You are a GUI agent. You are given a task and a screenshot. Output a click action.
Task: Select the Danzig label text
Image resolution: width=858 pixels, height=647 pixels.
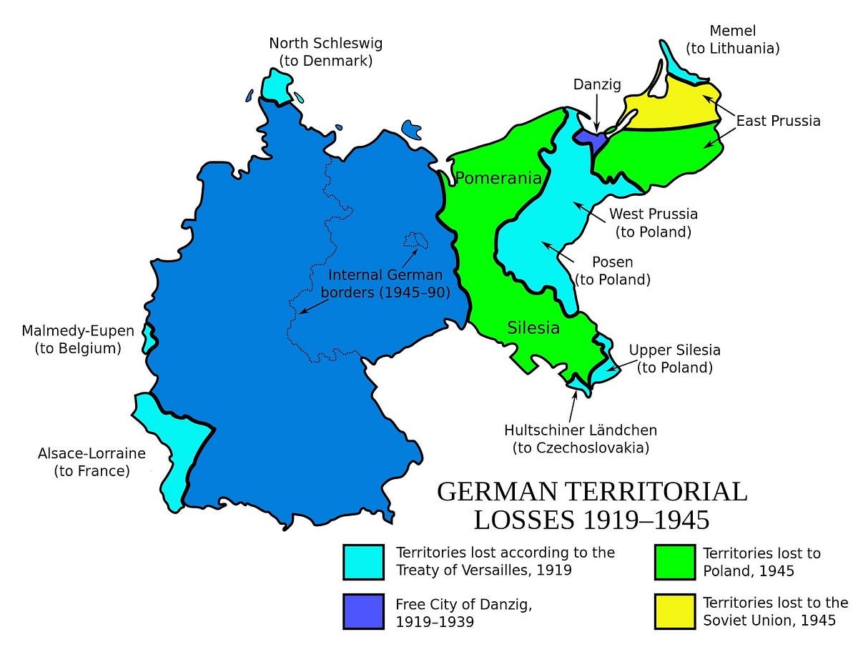[597, 84]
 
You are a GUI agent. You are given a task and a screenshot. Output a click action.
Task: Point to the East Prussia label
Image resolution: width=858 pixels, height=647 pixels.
[779, 121]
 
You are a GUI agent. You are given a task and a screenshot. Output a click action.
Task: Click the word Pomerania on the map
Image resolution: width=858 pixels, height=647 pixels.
[498, 179]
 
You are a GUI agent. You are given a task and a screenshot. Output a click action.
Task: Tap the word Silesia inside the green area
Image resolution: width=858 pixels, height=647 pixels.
[533, 328]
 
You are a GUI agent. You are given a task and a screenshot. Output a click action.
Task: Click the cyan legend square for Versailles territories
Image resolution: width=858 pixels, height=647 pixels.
[364, 562]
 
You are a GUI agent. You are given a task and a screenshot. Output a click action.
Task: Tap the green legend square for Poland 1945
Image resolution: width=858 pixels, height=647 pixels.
[674, 562]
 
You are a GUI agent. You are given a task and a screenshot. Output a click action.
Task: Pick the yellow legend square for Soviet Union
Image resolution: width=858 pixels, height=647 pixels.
[674, 611]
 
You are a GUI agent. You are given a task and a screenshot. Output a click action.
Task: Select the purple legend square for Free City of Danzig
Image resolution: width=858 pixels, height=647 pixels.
[364, 611]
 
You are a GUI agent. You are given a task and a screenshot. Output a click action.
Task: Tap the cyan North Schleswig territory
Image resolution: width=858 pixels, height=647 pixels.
[276, 86]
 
